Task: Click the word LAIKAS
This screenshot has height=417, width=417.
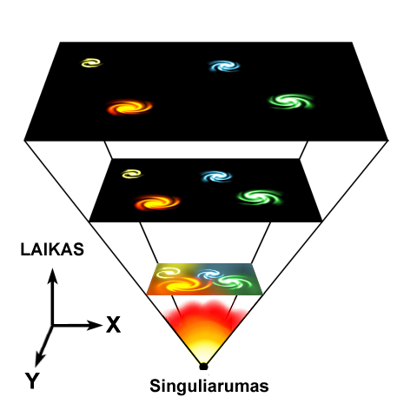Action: [x=52, y=249]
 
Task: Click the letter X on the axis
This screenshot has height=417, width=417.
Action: [x=113, y=325]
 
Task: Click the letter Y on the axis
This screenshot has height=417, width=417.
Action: [x=32, y=381]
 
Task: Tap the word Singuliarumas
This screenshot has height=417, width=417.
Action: [x=209, y=386]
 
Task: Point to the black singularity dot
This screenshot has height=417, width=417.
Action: [x=203, y=367]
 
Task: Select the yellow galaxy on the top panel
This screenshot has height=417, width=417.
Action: [x=91, y=63]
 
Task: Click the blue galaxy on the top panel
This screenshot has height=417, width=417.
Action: [x=224, y=66]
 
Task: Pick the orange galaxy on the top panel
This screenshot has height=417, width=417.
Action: [x=129, y=107]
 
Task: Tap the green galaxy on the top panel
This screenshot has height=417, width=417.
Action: [x=291, y=101]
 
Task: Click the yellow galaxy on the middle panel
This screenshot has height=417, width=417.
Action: [x=132, y=174]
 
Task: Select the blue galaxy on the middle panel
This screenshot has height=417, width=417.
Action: [x=216, y=176]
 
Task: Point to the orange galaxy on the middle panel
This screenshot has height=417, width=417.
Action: [x=157, y=202]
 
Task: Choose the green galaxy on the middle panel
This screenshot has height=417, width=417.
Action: [x=260, y=197]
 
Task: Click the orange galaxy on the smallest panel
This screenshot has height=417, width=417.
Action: [x=185, y=284]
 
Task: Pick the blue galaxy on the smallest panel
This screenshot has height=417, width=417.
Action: [x=209, y=275]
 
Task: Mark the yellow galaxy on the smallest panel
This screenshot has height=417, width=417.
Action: [x=169, y=272]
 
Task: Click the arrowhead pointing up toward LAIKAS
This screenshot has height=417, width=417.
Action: [x=52, y=275]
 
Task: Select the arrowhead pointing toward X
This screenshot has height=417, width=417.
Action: [x=95, y=325]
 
